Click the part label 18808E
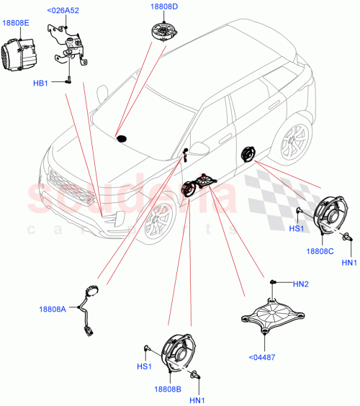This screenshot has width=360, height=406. [x=16, y=23]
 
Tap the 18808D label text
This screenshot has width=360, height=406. [x=165, y=8]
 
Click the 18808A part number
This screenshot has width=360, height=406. [x=52, y=310]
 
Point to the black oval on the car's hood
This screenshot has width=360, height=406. [x=122, y=137]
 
